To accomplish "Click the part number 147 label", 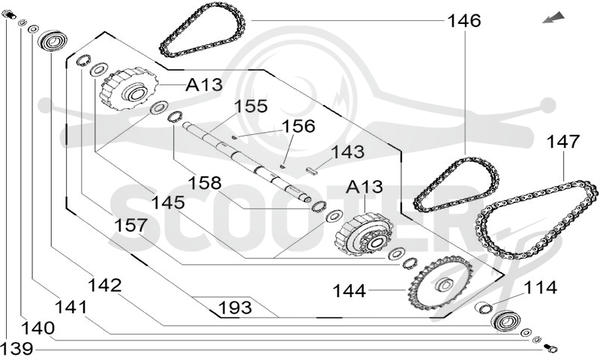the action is point(563,142).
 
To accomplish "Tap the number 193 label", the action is point(235,307).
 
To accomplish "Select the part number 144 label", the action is point(349,291).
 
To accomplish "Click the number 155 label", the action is point(250,106).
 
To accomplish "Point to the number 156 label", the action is point(298,126).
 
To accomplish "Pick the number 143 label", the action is point(347,152).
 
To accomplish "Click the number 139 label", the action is point(16,349).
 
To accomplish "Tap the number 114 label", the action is point(540,287).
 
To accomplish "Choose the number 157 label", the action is point(130,225).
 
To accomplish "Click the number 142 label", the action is point(104,286).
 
